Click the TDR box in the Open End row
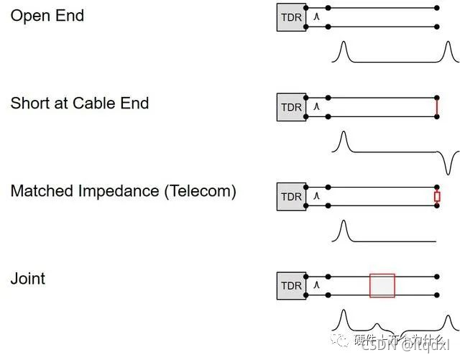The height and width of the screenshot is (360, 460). pyautogui.click(x=291, y=17)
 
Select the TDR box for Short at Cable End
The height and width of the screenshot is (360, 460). pyautogui.click(x=291, y=107)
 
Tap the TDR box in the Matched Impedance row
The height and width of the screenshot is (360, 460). pyautogui.click(x=291, y=196)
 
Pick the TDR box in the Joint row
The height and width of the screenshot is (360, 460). pyautogui.click(x=291, y=285)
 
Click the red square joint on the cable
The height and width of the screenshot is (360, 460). pyautogui.click(x=382, y=285)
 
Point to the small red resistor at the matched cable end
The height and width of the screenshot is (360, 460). pyautogui.click(x=437, y=196)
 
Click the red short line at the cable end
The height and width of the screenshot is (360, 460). pyautogui.click(x=437, y=107)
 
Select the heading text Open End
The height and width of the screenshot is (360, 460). pyautogui.click(x=47, y=15)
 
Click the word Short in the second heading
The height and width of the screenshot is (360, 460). pyautogui.click(x=30, y=103)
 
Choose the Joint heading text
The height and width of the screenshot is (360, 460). pyautogui.click(x=27, y=278)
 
